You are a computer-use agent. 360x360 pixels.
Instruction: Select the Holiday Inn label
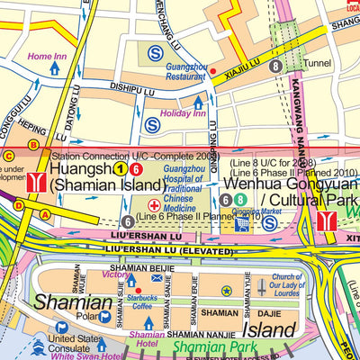[182, 114]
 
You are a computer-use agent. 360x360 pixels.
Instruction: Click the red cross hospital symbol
[154, 205]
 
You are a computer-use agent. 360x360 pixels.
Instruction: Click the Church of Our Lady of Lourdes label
[286, 285]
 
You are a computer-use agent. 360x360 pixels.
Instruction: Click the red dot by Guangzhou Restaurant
[212, 69]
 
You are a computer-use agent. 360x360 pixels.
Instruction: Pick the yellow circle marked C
[8, 156]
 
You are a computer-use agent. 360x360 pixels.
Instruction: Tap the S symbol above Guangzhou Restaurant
[157, 53]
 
